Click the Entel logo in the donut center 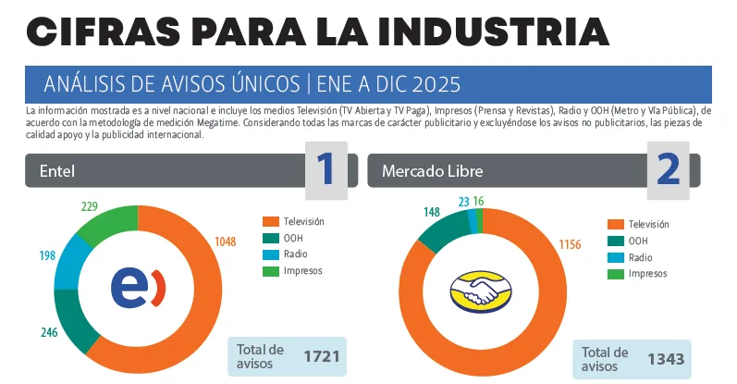pyautogui.click(x=139, y=287)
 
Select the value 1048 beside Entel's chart pyautogui.click(x=227, y=242)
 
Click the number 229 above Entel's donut pyautogui.click(x=89, y=206)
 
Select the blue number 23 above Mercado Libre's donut pyautogui.click(x=463, y=201)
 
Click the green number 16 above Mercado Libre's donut pyautogui.click(x=478, y=201)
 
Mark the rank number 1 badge pyautogui.click(x=326, y=170)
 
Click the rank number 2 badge pyautogui.click(x=668, y=170)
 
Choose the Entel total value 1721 pyautogui.click(x=323, y=356)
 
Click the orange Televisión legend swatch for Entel pyautogui.click(x=270, y=221)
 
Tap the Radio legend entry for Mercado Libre pyautogui.click(x=638, y=258)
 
